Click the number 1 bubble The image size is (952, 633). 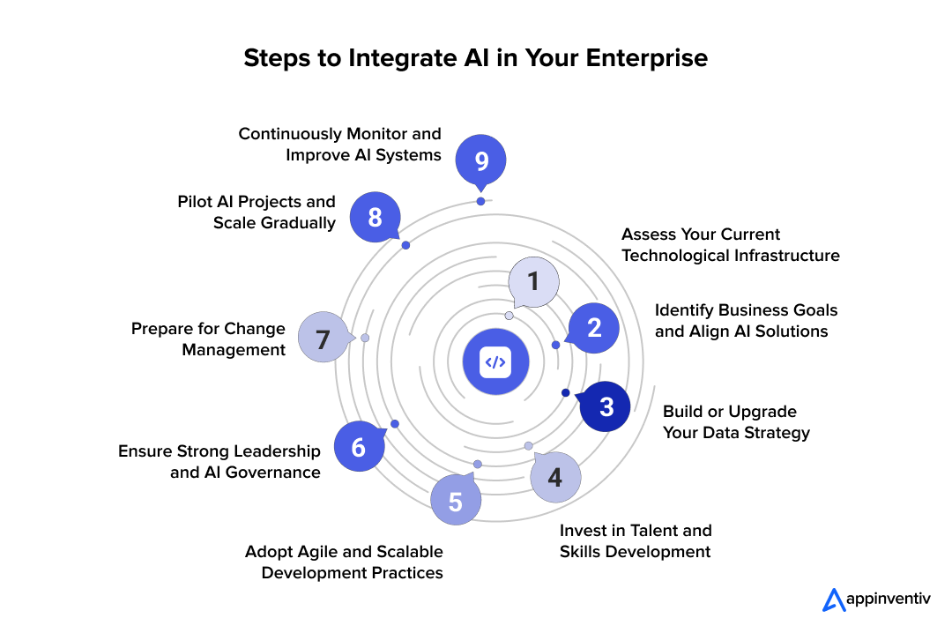pyautogui.click(x=533, y=281)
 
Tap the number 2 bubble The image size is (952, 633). pyautogui.click(x=594, y=328)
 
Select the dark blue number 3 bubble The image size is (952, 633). pyautogui.click(x=606, y=406)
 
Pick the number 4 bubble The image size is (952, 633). pyautogui.click(x=554, y=477)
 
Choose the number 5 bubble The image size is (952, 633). pyautogui.click(x=456, y=502)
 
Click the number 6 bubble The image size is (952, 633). pyautogui.click(x=359, y=447)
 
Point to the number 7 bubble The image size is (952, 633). pyautogui.click(x=323, y=339)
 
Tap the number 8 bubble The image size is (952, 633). pyautogui.click(x=375, y=217)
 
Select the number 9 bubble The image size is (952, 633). pyautogui.click(x=480, y=161)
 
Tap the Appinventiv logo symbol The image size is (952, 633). pyautogui.click(x=833, y=600)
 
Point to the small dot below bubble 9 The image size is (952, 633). pyautogui.click(x=480, y=201)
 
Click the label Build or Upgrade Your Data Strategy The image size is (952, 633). pyautogui.click(x=735, y=422)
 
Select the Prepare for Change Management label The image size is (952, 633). pyautogui.click(x=209, y=339)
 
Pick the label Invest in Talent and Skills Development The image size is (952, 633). pyautogui.click(x=635, y=541)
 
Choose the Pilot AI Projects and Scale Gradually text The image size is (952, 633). pyautogui.click(x=256, y=212)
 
